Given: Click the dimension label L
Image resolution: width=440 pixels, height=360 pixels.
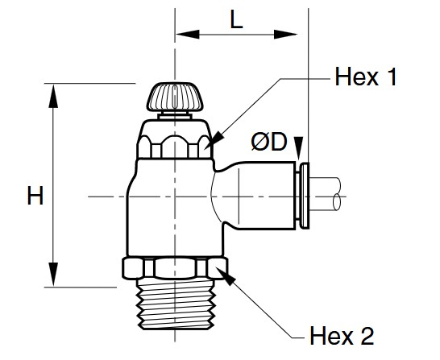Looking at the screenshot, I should coord(235,22).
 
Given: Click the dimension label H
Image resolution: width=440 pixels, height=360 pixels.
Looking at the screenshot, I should coord(35,196).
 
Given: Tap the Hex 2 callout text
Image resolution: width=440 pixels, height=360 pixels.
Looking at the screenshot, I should coord(342,333).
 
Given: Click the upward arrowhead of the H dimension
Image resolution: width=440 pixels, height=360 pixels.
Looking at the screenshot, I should coord(55,93).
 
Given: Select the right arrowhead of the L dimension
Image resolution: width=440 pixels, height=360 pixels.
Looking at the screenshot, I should coord(296,35).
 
